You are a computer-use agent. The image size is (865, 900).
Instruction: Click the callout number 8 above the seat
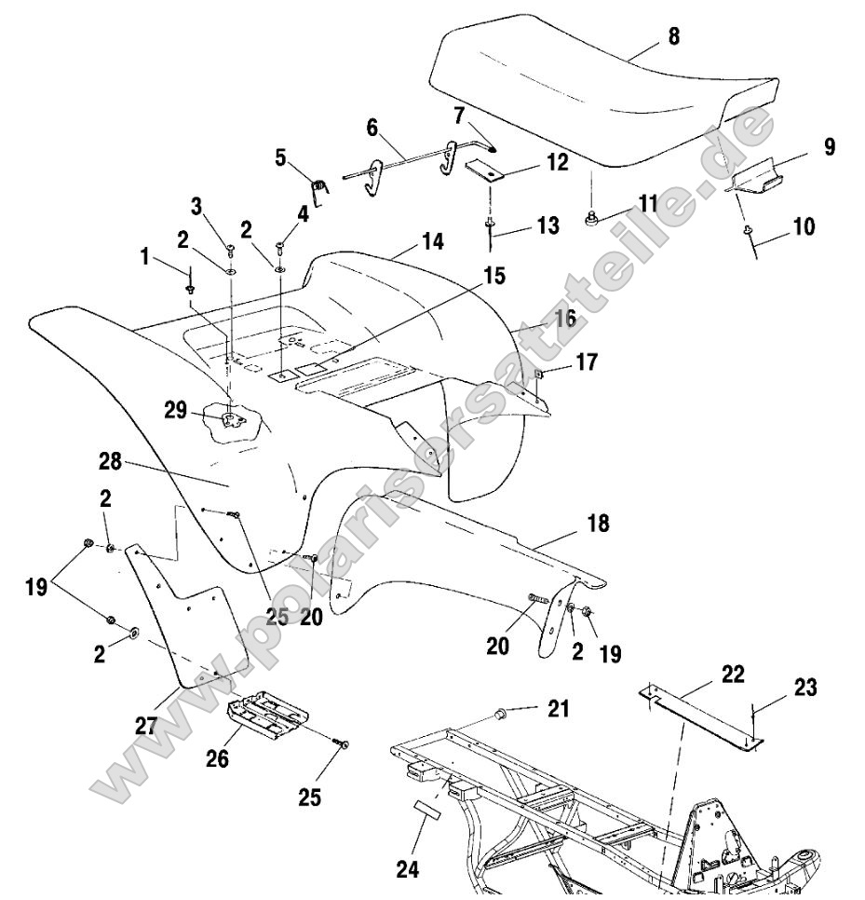673,36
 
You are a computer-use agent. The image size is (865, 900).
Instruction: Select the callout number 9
829,146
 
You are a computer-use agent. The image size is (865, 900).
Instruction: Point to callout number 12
557,162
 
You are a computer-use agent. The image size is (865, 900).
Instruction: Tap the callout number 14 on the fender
432,241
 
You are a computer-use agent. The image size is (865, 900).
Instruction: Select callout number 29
176,410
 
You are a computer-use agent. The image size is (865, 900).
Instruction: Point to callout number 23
805,688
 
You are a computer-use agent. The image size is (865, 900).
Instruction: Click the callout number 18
598,524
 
